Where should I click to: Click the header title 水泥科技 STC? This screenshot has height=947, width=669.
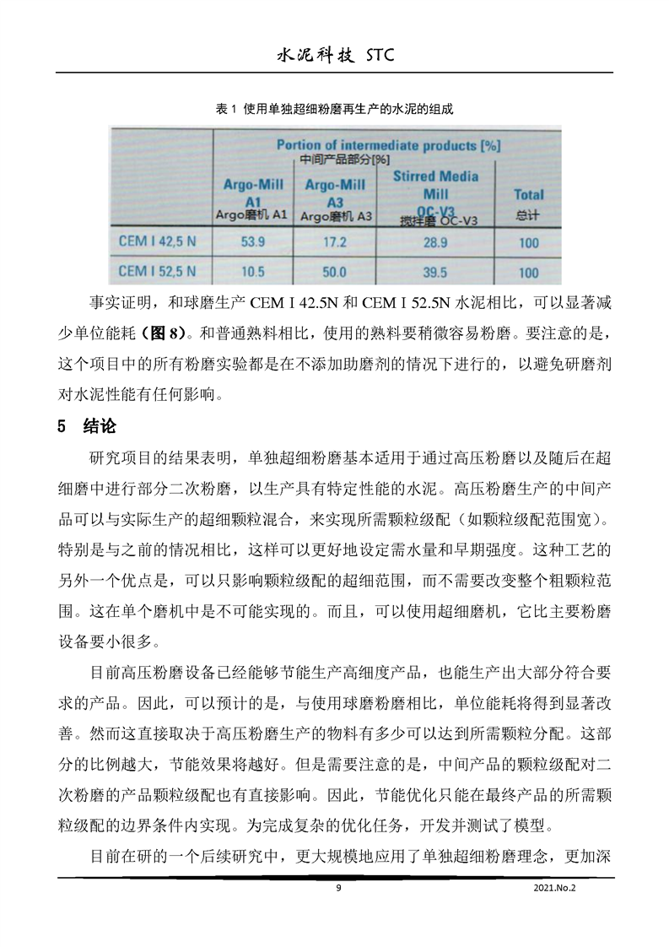pos(335,56)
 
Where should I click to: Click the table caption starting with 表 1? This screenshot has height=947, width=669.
pos(335,109)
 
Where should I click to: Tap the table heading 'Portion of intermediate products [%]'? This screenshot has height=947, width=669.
pos(388,145)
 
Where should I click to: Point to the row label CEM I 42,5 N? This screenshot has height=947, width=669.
pos(158,241)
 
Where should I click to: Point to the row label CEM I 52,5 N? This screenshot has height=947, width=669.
pos(158,271)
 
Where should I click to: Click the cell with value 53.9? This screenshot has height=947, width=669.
pos(253,242)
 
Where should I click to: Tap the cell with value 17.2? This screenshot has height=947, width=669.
pos(335,242)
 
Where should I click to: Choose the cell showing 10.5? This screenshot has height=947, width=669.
pos(253,272)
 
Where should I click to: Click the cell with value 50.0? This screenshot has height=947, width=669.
pos(335,272)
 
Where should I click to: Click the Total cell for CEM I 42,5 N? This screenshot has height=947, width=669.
pos(528,243)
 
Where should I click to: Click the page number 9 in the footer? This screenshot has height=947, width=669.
pos(337,888)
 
